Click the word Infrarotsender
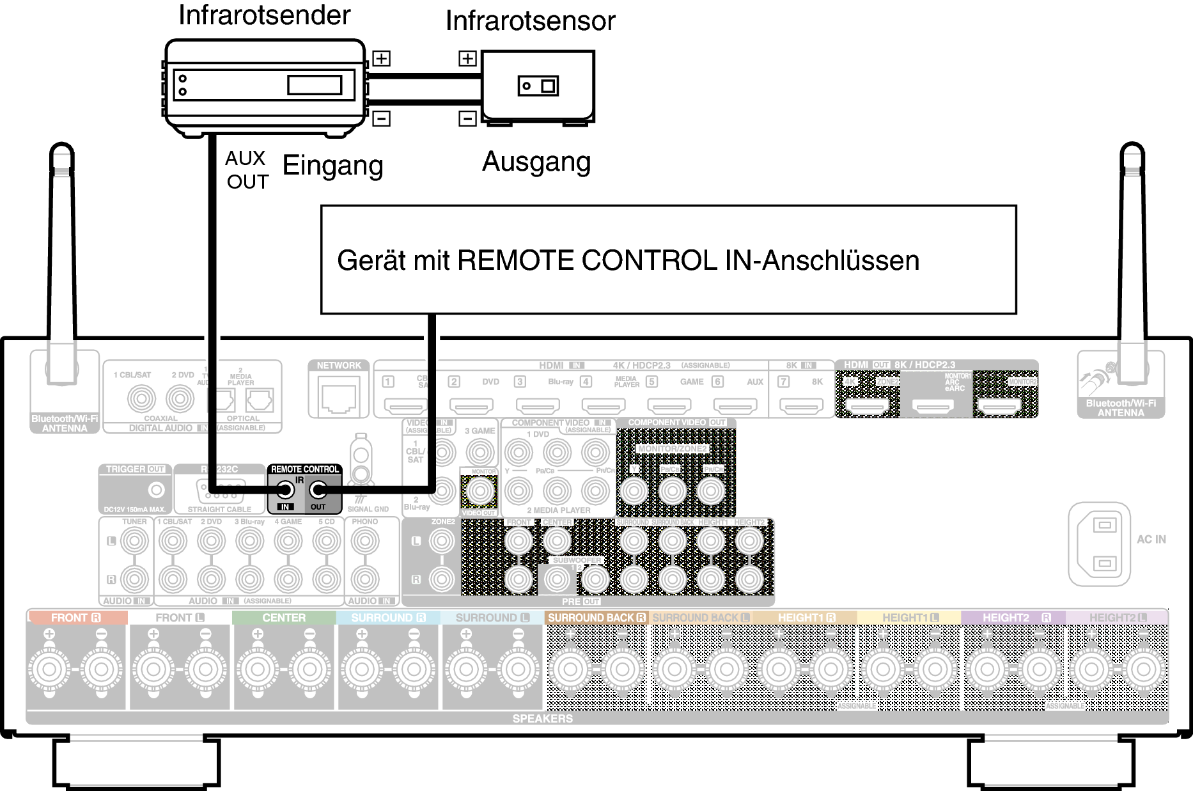coord(264,15)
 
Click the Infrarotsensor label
coord(530,21)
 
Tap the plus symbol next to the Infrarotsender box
coord(381,59)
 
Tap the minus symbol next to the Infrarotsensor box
coord(467,118)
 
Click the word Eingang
coord(332,166)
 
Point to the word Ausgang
coord(536,162)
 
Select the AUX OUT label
coord(247,170)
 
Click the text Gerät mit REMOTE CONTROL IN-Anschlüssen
coord(628,261)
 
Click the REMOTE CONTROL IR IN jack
coord(285,490)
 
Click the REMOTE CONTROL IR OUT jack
coord(318,490)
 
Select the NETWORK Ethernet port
coord(339,397)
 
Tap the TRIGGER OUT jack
coord(156,490)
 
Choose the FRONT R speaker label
coord(76,618)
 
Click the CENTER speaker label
coord(284,618)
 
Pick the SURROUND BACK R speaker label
coord(596,618)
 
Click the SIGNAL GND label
coord(368,509)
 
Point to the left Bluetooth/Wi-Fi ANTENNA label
coord(65,423)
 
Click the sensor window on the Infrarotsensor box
coord(538,86)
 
